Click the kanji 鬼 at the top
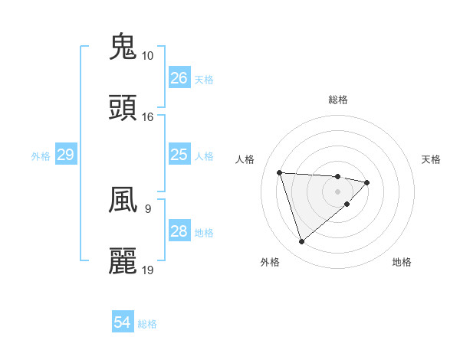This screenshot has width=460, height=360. [123, 47]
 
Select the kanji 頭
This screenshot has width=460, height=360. [123, 108]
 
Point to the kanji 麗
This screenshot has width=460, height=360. [123, 261]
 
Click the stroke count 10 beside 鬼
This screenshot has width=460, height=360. [147, 56]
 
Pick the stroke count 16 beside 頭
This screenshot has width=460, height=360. [147, 117]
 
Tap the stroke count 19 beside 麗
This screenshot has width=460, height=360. [147, 270]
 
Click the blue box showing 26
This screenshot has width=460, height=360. [179, 78]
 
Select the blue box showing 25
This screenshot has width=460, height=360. [179, 155]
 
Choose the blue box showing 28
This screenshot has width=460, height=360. [179, 232]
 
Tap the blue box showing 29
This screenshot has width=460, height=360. [65, 155]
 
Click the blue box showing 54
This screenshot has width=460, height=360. [123, 323]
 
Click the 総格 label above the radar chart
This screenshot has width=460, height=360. [338, 100]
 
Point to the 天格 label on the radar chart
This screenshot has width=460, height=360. [431, 159]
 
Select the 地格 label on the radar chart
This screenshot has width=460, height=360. [402, 263]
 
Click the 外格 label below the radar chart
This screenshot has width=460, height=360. [270, 263]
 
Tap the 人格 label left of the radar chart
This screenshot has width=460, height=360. [245, 159]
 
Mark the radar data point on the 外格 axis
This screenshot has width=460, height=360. [301, 242]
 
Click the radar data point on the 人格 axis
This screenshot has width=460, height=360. [280, 172]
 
